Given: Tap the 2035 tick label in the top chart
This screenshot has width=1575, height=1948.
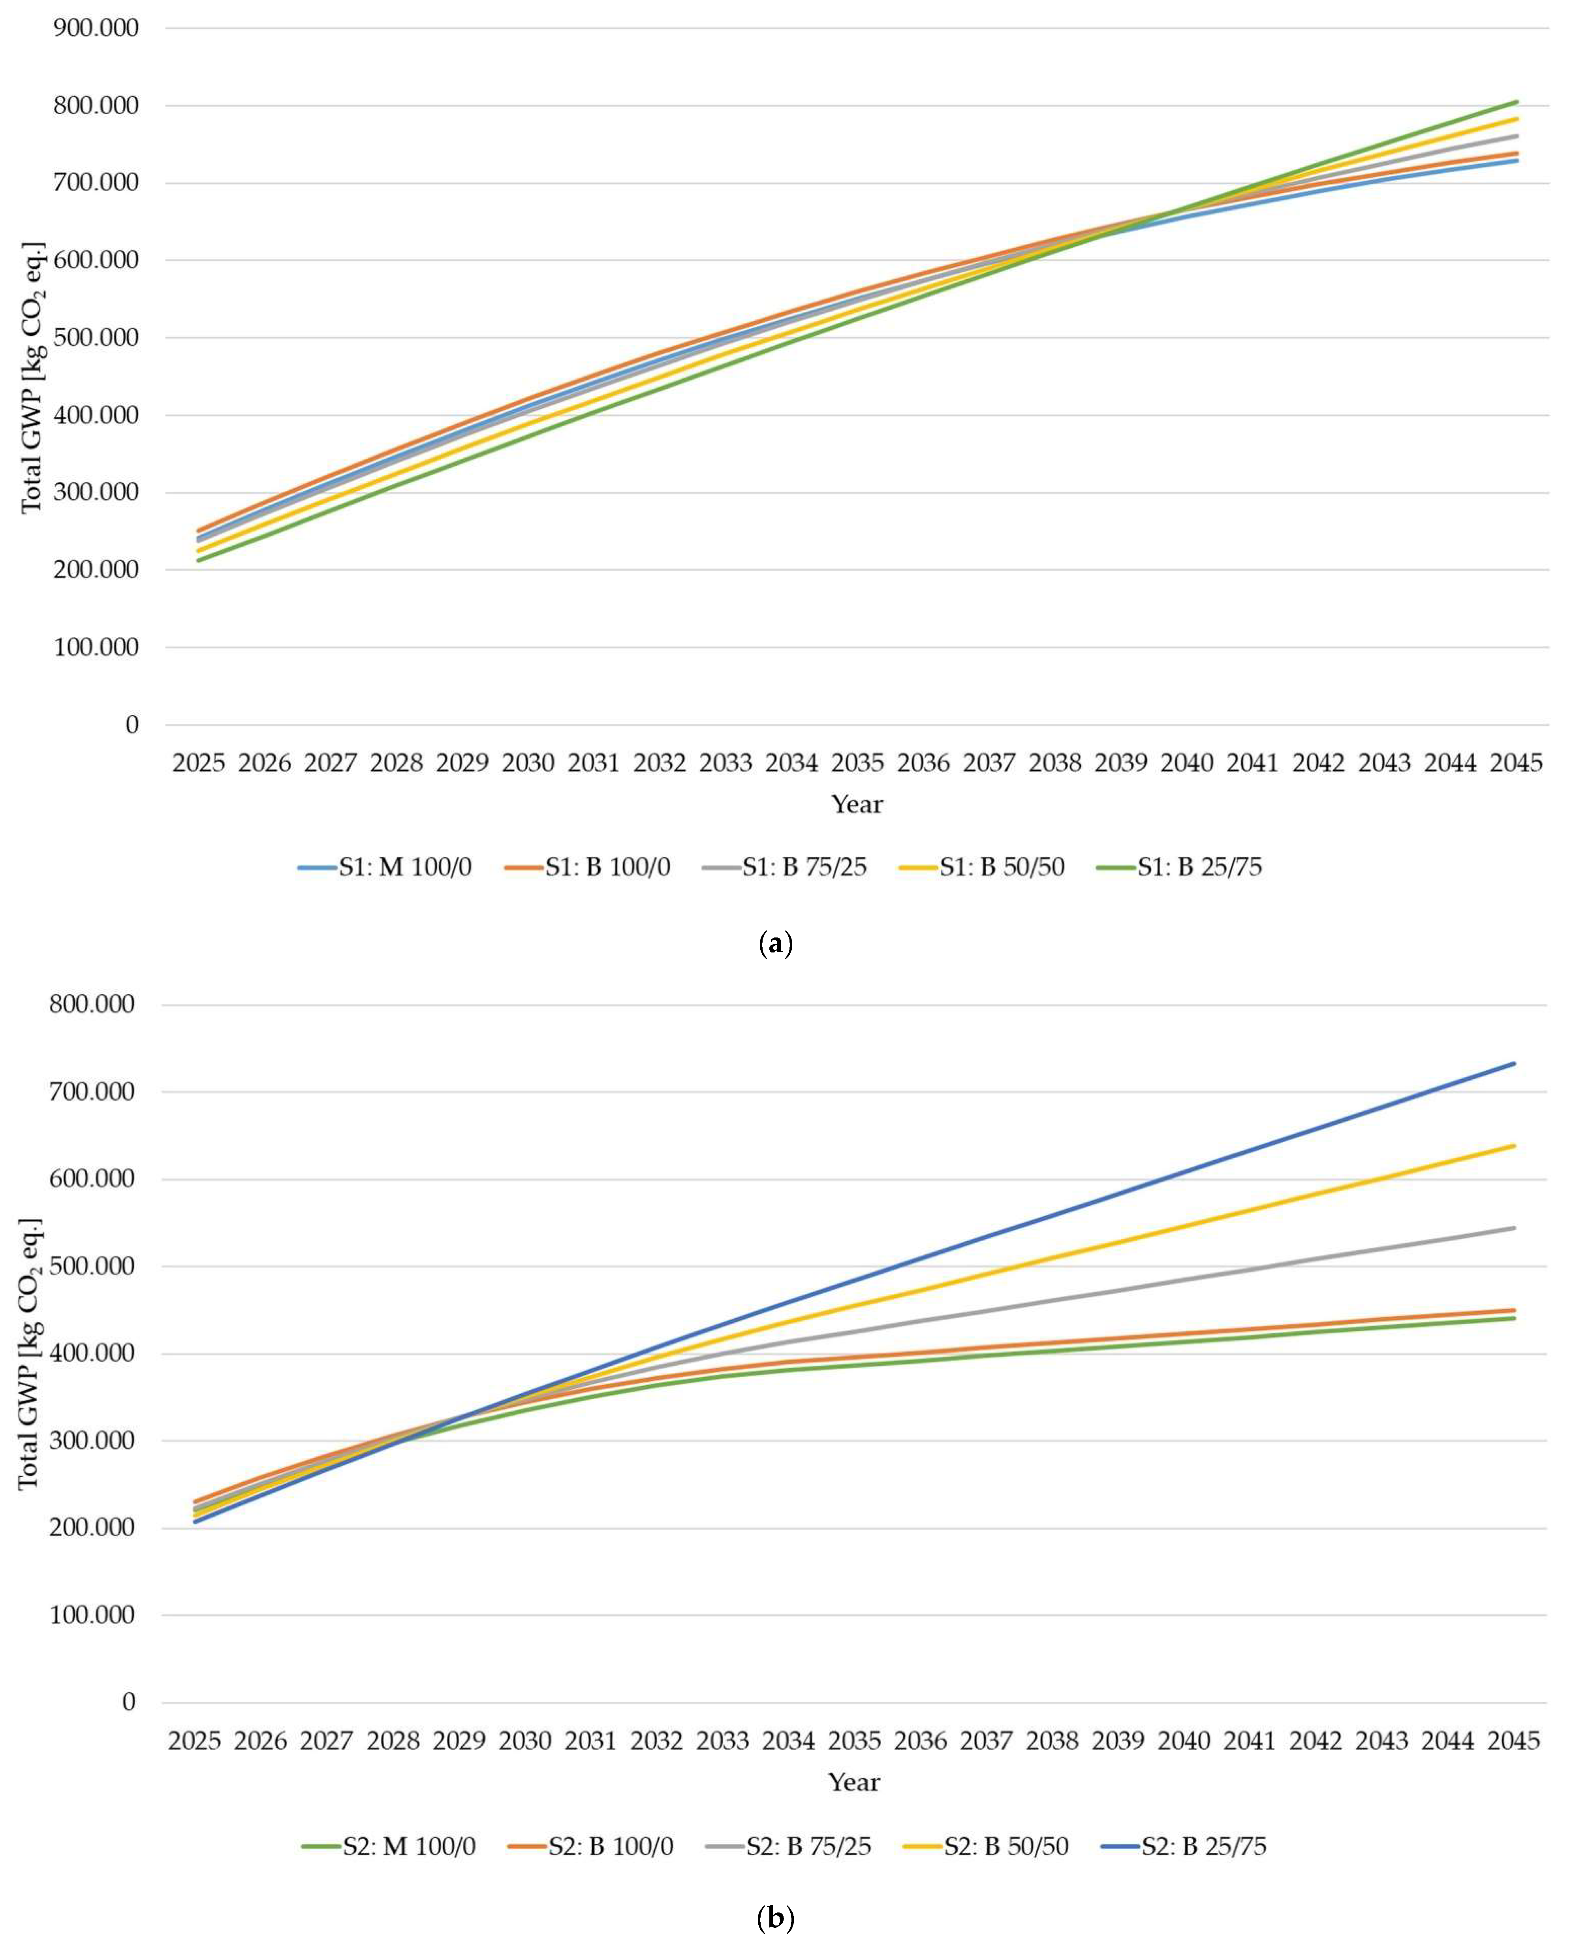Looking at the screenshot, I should coord(857,763).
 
